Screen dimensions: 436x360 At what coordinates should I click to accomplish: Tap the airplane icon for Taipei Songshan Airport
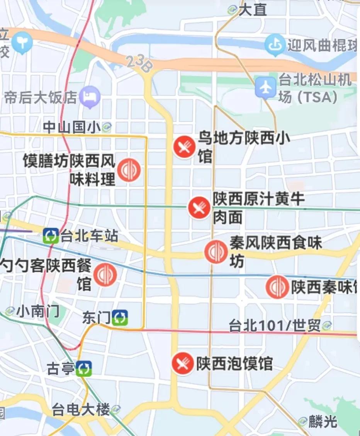click(266, 87)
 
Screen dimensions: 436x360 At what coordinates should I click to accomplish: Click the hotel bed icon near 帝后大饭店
click(90, 97)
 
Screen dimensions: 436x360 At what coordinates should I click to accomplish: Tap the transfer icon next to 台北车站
click(51, 236)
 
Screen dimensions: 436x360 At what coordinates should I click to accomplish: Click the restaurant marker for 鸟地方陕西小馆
click(184, 147)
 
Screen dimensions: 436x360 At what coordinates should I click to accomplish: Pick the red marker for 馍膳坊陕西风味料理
click(129, 170)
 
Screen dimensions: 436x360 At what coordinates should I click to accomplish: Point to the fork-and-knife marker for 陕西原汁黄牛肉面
click(199, 208)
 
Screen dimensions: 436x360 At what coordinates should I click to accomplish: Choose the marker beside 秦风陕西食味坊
click(216, 252)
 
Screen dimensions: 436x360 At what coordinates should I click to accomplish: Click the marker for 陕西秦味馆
click(277, 287)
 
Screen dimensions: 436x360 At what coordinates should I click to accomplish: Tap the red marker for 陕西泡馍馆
click(183, 363)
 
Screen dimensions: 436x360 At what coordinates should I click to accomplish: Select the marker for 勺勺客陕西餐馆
click(105, 275)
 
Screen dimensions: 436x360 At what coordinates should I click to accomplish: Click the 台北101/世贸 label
click(275, 326)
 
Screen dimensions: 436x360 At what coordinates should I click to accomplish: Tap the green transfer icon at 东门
click(120, 318)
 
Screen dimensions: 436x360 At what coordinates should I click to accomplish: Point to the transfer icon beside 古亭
click(84, 368)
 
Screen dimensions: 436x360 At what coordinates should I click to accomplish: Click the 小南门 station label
click(38, 311)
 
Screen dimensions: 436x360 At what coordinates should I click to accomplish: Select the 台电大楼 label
click(81, 410)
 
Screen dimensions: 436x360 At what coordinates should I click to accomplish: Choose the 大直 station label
click(253, 10)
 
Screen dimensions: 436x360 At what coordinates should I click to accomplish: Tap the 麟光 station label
click(323, 421)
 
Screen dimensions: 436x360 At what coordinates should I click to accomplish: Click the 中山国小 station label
click(72, 127)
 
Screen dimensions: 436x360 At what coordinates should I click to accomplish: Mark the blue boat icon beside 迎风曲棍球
click(275, 45)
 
